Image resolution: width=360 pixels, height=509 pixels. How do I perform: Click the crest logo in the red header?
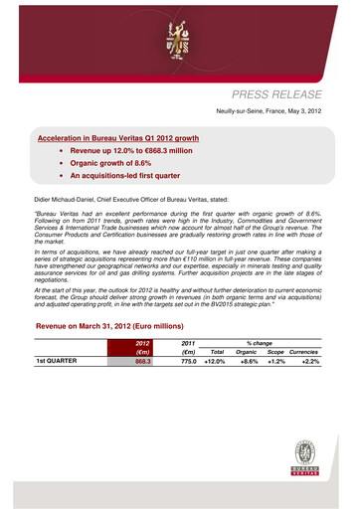[179, 39]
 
